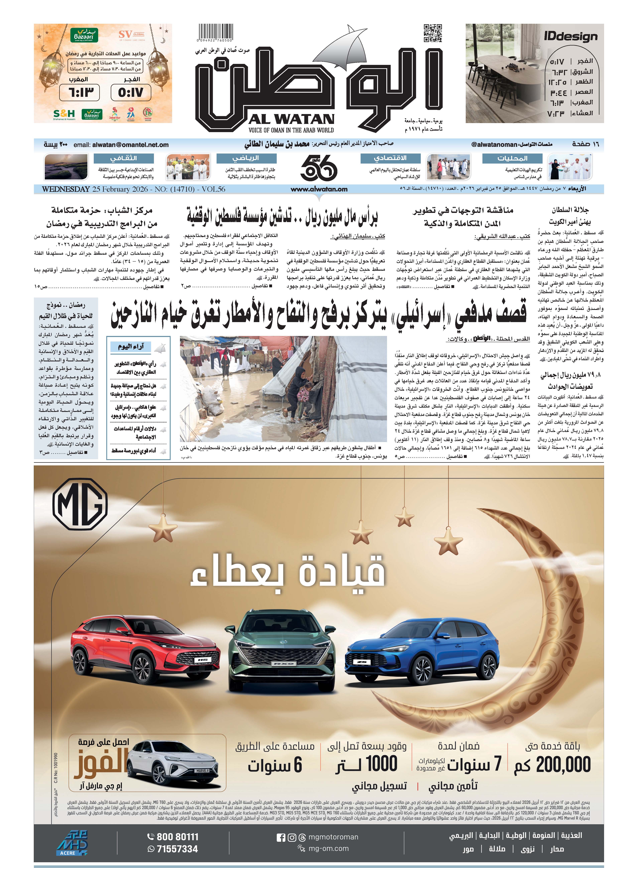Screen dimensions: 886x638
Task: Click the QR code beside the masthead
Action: point(433,33)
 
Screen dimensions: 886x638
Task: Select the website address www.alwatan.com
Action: point(319,189)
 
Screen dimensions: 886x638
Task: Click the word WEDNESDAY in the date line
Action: point(66,189)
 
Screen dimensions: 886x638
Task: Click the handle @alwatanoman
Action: point(494,144)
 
